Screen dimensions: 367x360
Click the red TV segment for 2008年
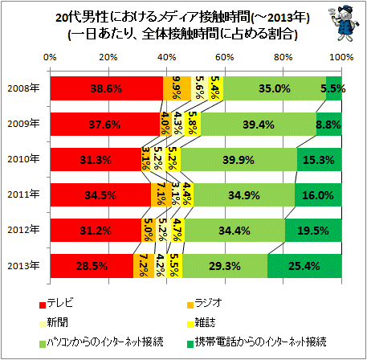pyautogui.click(x=107, y=88)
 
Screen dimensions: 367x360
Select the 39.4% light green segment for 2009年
pyautogui.click(x=259, y=124)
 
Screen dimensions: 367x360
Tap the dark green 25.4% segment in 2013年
pyautogui.click(x=304, y=266)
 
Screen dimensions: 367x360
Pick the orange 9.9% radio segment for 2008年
pyautogui.click(x=177, y=88)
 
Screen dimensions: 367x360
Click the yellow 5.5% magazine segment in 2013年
pyautogui.click(x=174, y=266)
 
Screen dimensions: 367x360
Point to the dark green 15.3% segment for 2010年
pyautogui.click(x=319, y=159)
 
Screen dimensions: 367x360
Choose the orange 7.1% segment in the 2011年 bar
pyautogui.click(x=161, y=194)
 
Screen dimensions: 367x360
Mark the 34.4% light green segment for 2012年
pyautogui.click(x=234, y=230)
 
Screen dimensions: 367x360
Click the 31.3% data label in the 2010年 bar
pyautogui.click(x=96, y=160)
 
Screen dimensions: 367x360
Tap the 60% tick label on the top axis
pyautogui.click(x=225, y=57)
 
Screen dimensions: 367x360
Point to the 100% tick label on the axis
pyautogui.click(x=341, y=57)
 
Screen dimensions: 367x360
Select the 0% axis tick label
pyautogui.click(x=50, y=57)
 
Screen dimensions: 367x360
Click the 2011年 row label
pyautogui.click(x=23, y=194)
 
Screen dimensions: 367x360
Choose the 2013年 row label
pyautogui.click(x=23, y=265)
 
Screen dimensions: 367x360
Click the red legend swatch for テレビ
pyautogui.click(x=43, y=305)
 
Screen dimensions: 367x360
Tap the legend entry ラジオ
pyautogui.click(x=208, y=303)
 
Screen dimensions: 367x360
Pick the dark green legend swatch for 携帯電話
pyautogui.click(x=190, y=344)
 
